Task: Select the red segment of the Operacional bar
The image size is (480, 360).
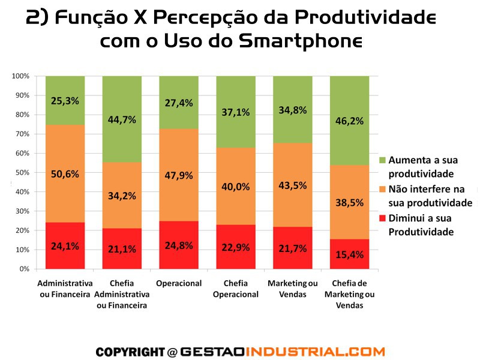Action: click(x=178, y=245)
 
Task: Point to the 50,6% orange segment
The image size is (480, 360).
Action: click(x=65, y=175)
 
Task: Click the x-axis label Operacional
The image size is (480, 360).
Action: click(x=178, y=283)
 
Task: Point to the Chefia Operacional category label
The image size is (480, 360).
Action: click(x=235, y=289)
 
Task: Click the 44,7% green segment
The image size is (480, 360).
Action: click(x=122, y=119)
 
